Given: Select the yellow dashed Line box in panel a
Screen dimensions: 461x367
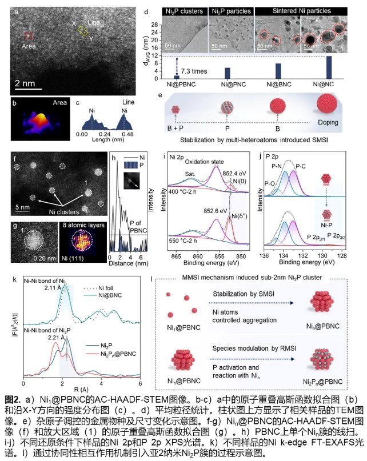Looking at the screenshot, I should click(x=84, y=30).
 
